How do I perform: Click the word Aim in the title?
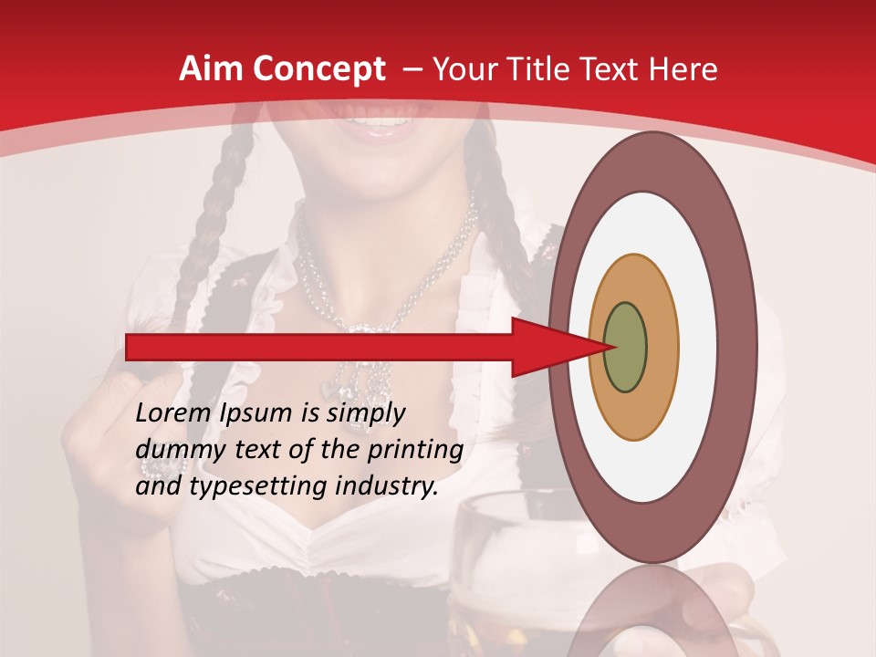coord(211,69)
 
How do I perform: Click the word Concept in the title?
coord(318,69)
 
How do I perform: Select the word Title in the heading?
coord(540,69)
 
